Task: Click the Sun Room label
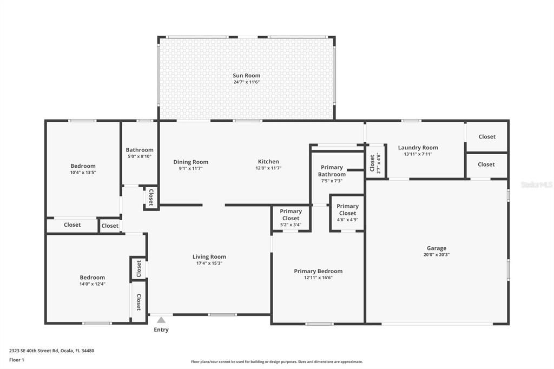(246, 76)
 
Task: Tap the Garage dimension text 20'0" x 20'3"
(436, 255)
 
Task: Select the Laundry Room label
(418, 148)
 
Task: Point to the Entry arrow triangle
(161, 320)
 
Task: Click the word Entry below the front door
(161, 330)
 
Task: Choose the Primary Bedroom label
(318, 271)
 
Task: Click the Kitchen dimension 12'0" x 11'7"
(268, 168)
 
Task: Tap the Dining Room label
(190, 162)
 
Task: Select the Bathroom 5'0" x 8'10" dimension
(139, 157)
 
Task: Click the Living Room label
(209, 257)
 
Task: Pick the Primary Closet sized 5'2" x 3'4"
(291, 215)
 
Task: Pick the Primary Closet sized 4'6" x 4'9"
(347, 210)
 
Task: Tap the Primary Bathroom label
(332, 171)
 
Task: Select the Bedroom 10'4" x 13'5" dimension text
(83, 173)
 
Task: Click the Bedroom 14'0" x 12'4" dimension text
(92, 284)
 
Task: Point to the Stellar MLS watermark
(536, 184)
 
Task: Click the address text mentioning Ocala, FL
(51, 351)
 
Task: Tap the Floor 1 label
(17, 360)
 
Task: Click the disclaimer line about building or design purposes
(276, 362)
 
